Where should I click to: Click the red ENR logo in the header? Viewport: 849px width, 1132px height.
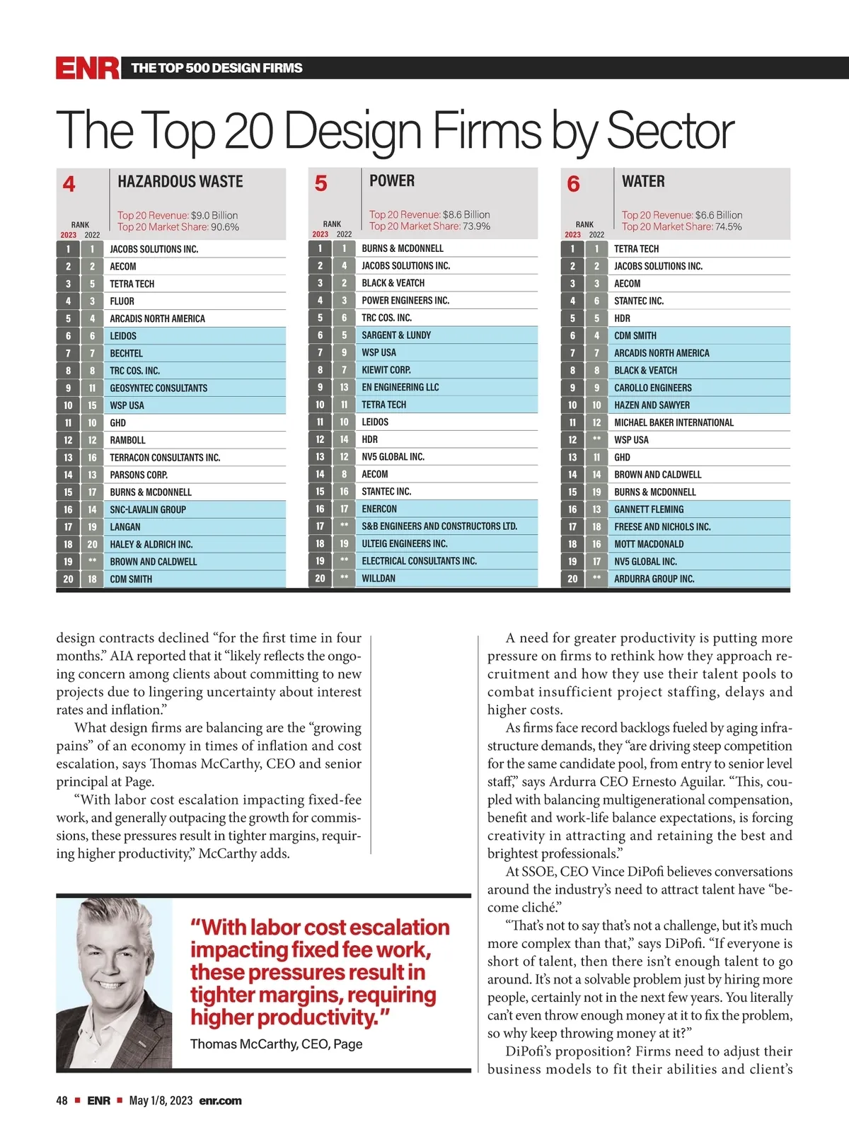(x=88, y=68)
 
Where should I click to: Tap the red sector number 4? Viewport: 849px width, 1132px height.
(x=69, y=185)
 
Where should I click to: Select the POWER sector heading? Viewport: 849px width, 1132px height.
(x=392, y=181)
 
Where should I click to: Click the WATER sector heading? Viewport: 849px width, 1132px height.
(x=643, y=182)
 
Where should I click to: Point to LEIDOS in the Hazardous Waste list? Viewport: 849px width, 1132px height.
(x=123, y=336)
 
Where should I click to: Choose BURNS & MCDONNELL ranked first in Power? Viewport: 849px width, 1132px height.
(x=403, y=248)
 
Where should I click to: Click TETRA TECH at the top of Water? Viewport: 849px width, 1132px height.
(x=636, y=249)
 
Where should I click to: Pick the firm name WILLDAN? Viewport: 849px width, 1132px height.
(x=379, y=578)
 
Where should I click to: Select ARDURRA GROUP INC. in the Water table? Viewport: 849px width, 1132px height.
(x=654, y=579)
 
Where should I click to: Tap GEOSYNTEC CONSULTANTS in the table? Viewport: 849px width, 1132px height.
(x=158, y=388)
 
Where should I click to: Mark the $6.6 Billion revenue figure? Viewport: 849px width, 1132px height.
(x=719, y=215)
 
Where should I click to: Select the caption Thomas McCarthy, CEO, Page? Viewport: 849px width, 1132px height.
(x=276, y=1044)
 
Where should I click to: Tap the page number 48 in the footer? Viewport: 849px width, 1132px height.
(x=62, y=1101)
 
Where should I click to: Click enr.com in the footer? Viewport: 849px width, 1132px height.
(x=221, y=1101)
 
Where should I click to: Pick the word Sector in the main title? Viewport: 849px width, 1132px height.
(x=671, y=131)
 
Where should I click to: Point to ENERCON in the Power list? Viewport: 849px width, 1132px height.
(x=379, y=509)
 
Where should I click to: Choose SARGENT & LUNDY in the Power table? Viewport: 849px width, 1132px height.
(x=396, y=335)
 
